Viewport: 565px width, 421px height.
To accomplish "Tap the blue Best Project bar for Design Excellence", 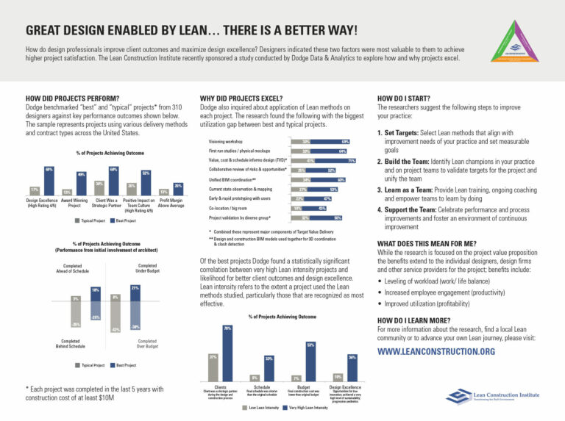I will (49, 181).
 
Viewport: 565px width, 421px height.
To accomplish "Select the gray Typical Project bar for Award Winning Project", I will (67, 192).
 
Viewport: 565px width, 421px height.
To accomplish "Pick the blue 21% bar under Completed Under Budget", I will (135, 293).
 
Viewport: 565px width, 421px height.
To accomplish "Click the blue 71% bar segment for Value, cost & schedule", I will (335, 160).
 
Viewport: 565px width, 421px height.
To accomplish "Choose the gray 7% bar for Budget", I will (296, 378).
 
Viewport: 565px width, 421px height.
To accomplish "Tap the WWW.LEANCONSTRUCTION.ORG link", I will (437, 352).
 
